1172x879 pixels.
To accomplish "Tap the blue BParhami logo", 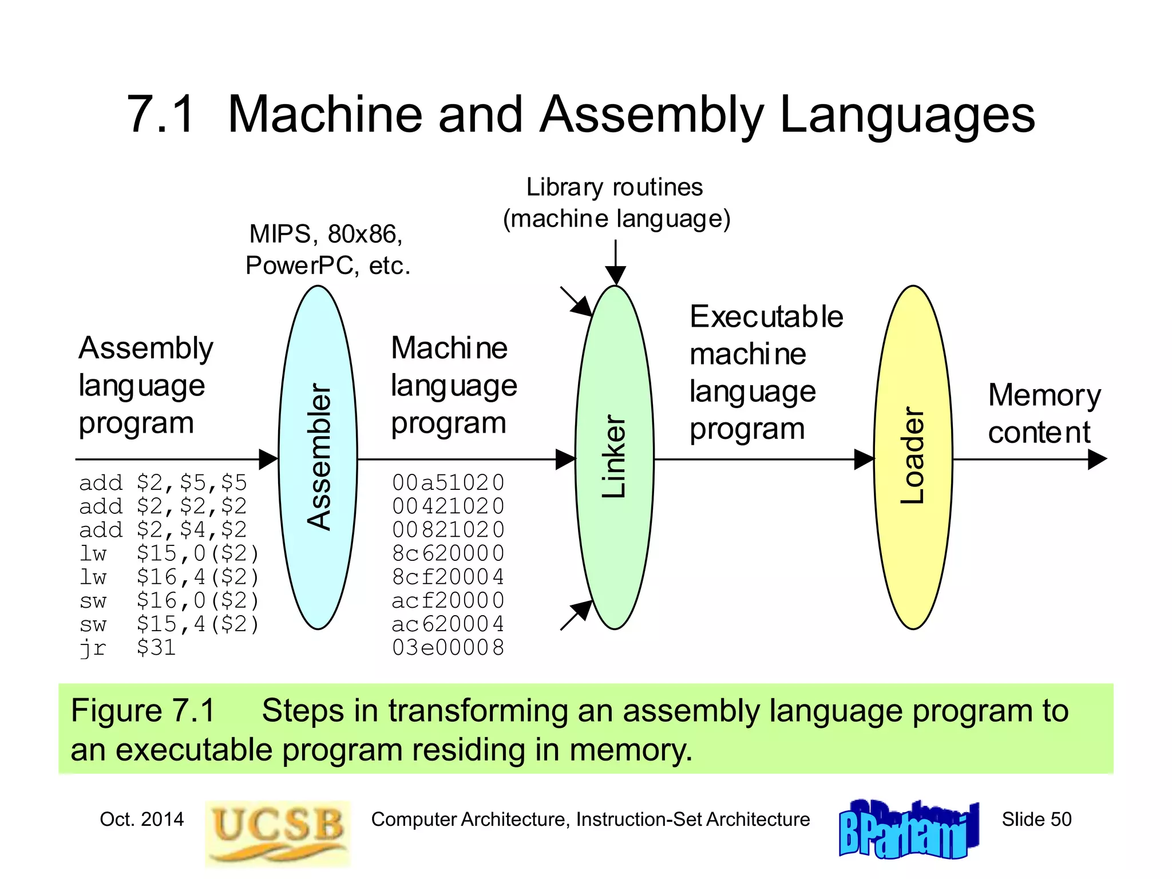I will click(x=908, y=830).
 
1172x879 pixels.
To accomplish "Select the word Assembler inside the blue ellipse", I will click(x=319, y=457).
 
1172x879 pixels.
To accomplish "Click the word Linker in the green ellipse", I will click(x=615, y=457).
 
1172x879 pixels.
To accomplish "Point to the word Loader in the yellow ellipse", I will click(x=913, y=456).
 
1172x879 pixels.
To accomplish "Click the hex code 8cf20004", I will click(x=448, y=577).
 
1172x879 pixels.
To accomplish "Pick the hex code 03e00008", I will click(x=448, y=648).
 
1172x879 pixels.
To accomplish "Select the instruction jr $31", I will click(x=127, y=648).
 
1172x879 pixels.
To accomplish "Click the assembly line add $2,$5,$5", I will click(x=163, y=483).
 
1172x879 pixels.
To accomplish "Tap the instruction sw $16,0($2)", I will click(x=169, y=600).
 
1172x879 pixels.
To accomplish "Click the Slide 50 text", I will click(x=1036, y=819).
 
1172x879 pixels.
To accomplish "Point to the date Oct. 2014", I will click(x=141, y=819).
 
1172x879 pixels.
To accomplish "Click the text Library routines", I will click(x=614, y=187).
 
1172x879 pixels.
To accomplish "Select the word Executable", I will click(x=766, y=316).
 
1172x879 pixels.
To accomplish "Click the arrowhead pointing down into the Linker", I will click(x=615, y=276).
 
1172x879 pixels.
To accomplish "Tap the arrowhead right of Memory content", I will click(x=1096, y=459).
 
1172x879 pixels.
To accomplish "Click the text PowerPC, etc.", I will click(x=328, y=266).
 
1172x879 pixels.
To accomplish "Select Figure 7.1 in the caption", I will click(x=142, y=711).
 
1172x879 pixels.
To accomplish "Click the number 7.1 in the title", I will click(x=161, y=114).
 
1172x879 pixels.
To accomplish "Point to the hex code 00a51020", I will click(x=448, y=483).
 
